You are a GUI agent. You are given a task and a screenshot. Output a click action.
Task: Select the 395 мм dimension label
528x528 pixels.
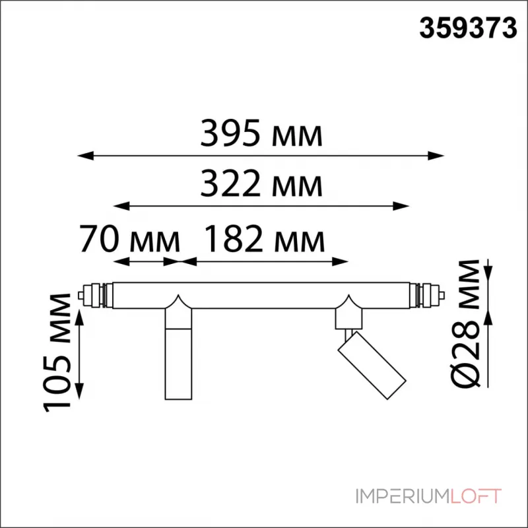[261, 135]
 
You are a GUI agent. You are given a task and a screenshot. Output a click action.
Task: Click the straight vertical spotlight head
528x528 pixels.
[178, 363]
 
